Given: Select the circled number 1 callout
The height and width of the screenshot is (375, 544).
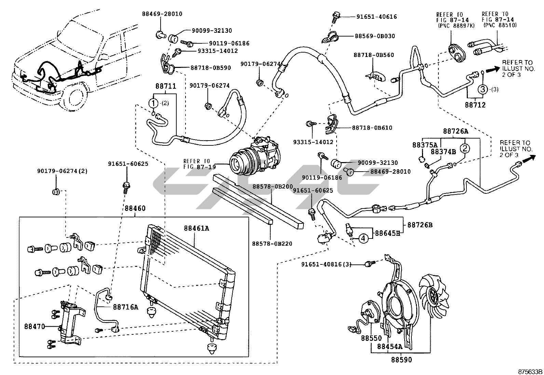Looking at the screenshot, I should (154, 103).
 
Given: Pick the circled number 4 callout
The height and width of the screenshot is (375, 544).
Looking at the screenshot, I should (363, 238).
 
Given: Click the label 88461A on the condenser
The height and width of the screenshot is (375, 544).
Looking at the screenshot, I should (196, 228).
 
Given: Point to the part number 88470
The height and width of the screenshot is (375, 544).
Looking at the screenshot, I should (35, 326).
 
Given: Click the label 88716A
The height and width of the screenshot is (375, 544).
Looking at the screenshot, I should (125, 307).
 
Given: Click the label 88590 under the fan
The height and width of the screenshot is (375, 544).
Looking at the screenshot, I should (402, 359).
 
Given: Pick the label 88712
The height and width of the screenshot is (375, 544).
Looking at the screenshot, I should (475, 105).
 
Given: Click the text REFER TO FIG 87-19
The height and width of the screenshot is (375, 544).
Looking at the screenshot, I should (198, 164).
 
